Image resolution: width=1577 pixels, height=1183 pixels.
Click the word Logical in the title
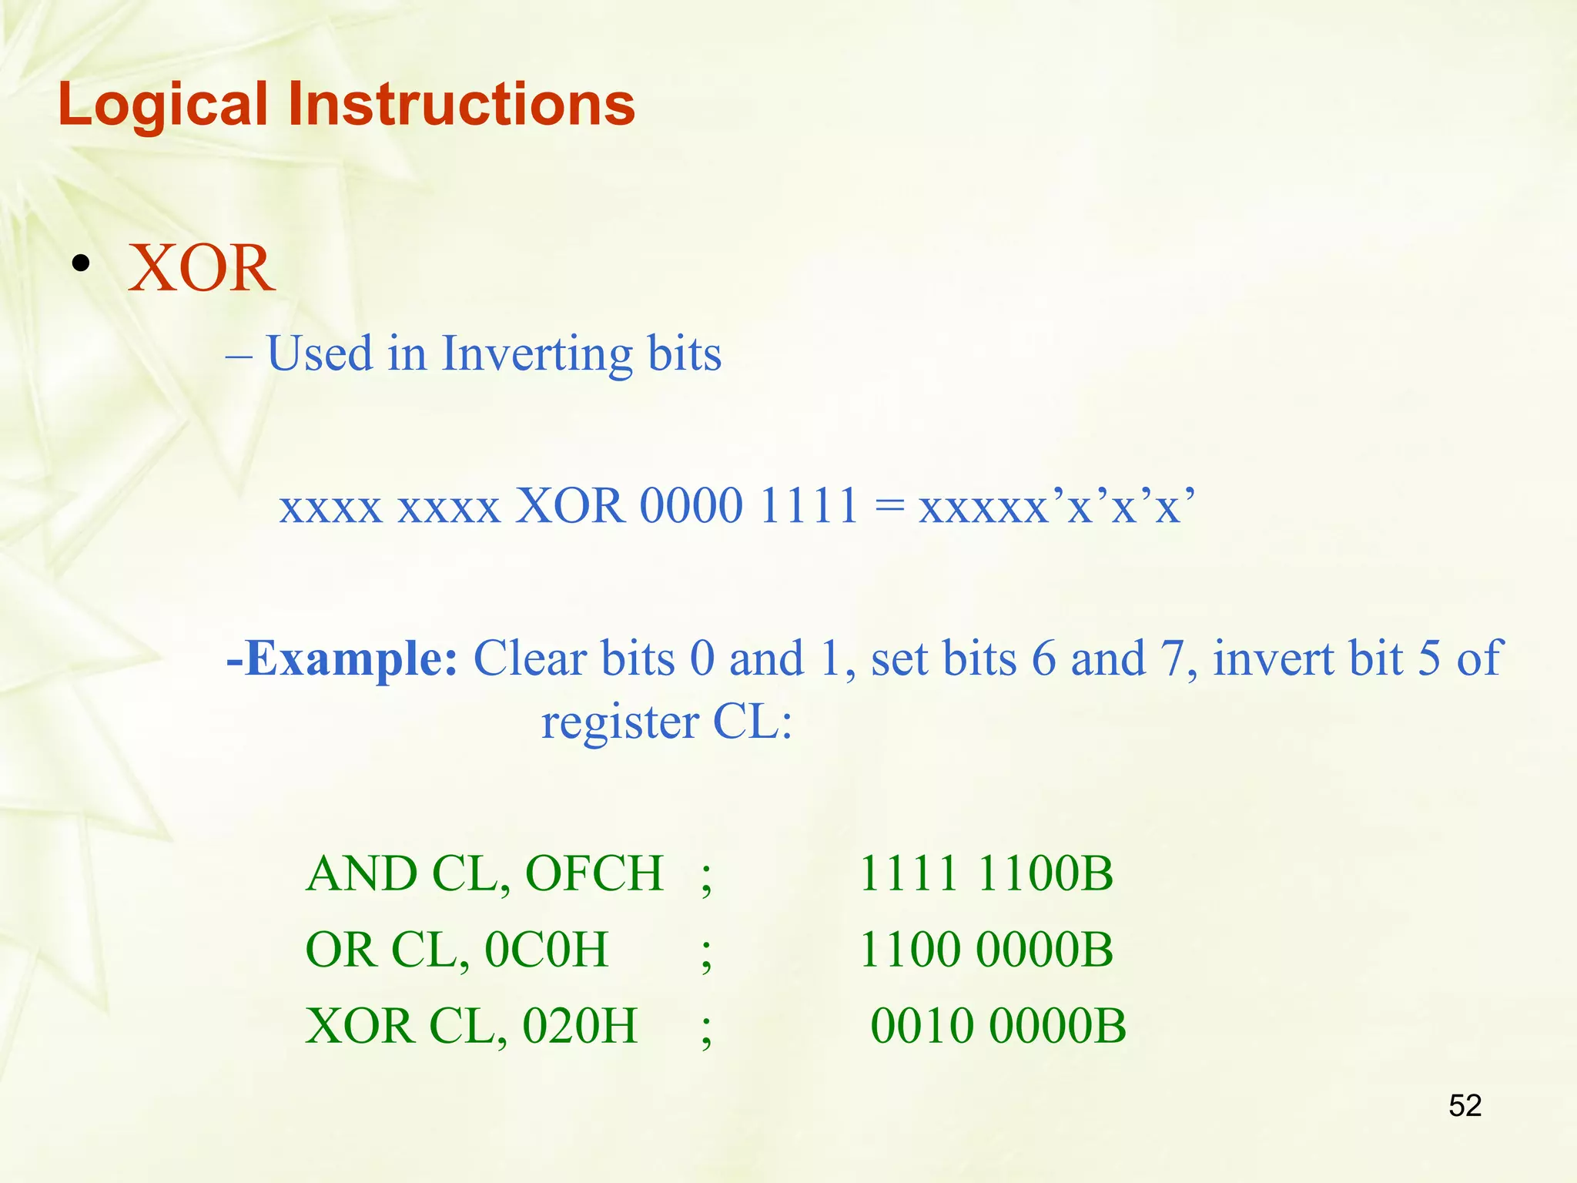(162, 106)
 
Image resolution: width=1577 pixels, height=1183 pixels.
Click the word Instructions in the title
(461, 104)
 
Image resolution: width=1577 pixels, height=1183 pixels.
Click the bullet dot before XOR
(80, 265)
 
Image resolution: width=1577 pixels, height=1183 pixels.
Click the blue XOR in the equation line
(570, 506)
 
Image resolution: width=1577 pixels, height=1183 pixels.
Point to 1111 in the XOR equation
(809, 506)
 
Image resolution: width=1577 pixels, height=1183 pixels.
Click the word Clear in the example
(530, 659)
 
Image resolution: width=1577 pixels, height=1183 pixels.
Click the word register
(620, 722)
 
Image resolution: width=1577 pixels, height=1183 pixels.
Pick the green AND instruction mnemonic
(361, 874)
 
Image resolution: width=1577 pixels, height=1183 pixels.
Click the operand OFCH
(594, 874)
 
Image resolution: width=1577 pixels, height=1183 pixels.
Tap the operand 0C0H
(546, 950)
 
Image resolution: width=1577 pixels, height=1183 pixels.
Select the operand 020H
(580, 1026)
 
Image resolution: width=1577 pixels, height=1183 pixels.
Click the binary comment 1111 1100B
(986, 874)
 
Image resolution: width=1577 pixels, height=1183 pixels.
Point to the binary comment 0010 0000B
(998, 1026)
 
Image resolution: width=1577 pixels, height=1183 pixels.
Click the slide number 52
(1465, 1106)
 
